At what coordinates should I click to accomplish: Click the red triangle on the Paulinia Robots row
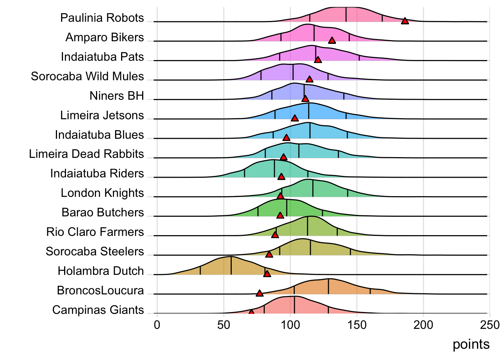coord(405,21)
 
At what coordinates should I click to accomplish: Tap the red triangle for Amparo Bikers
coord(332,40)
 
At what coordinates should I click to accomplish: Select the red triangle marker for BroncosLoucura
coord(259,293)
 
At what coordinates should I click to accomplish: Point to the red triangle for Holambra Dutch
coord(267,274)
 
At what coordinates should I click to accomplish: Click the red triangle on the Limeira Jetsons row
coord(295,118)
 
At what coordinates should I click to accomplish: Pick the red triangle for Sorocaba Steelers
coord(269,255)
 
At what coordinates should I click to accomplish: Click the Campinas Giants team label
coord(98,310)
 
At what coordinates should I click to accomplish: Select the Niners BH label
coord(117,96)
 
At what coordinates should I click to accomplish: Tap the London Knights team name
coord(102,193)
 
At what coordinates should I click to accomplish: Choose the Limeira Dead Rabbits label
coord(86,154)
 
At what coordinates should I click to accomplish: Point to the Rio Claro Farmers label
coord(95,232)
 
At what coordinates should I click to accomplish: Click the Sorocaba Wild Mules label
coord(87,76)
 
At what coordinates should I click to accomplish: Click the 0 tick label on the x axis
coord(157,325)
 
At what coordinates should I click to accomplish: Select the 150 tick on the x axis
coord(357,325)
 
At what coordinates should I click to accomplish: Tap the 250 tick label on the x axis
coord(490,325)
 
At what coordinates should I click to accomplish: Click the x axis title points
coord(471,344)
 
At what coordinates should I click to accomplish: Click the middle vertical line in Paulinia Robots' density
coord(346,14)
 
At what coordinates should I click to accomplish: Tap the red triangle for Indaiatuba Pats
coord(318,60)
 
